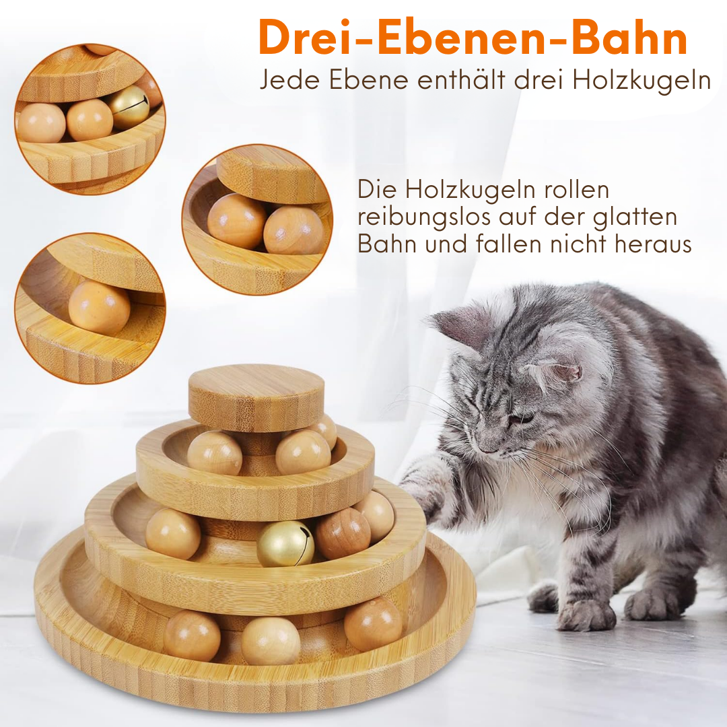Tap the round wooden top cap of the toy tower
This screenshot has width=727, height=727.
(x=256, y=397)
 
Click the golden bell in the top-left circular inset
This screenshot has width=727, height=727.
(x=129, y=107)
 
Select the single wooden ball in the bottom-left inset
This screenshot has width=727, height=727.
(x=99, y=307)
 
